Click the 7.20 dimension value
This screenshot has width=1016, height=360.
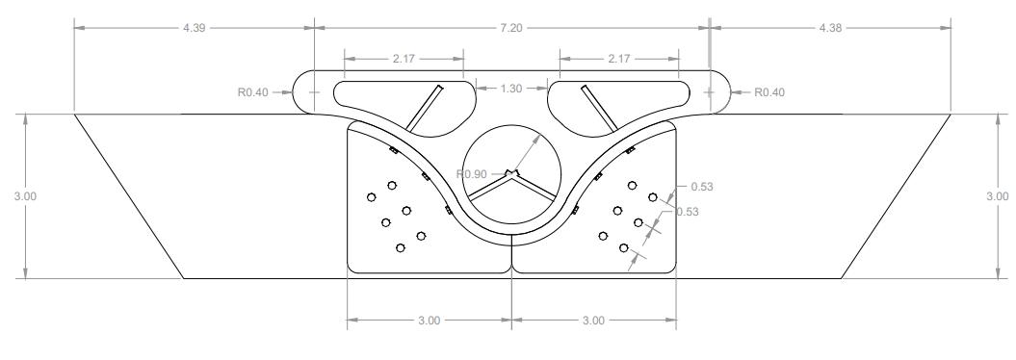(511, 28)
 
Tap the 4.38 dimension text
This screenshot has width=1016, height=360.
(830, 28)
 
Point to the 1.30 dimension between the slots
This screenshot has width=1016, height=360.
(511, 89)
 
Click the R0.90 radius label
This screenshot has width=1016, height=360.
(471, 173)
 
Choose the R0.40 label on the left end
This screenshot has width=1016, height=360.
(252, 92)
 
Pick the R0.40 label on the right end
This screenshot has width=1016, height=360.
(769, 92)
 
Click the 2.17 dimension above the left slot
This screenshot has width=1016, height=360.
(404, 59)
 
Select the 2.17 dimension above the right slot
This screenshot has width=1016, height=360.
(619, 59)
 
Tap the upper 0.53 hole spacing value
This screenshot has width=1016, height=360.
(702, 187)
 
